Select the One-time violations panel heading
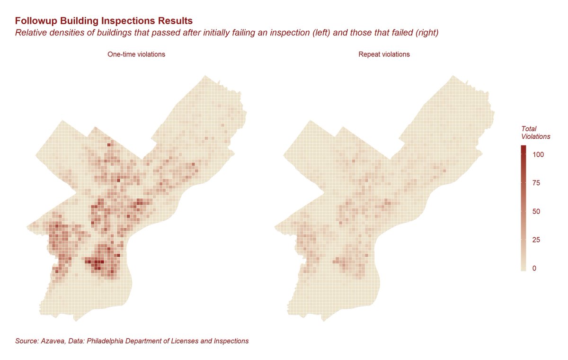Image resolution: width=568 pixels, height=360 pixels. pos(136,54)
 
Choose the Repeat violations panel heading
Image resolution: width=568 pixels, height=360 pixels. pos(384,54)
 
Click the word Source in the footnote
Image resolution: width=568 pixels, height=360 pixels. pos(27,341)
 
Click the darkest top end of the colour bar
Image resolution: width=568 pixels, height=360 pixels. pos(523,148)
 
